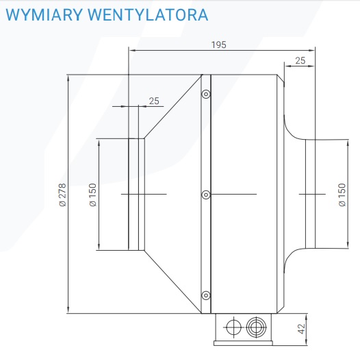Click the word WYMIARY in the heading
coord(44,15)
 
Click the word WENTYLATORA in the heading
coord(148,15)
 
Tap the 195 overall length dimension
coord(219,45)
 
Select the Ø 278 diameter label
coord(62,195)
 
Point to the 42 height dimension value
coord(301,329)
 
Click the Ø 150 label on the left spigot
coord(92,195)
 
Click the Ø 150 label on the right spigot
coord(342,195)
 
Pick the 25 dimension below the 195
coord(300,60)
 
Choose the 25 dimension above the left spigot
coord(154,101)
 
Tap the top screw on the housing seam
coord(206,94)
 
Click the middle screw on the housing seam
coord(206,195)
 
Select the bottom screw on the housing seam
coord(206,295)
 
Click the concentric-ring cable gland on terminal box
coord(257,327)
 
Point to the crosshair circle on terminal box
coord(233,327)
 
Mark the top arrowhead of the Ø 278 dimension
coord(68,79)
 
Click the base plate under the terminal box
coord(243,343)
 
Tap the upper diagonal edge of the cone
coord(173,106)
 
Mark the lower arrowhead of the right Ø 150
coord(348,245)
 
